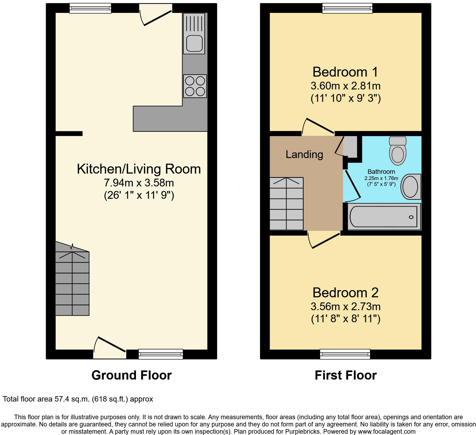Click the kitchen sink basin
click(194, 43)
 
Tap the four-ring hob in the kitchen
click(195, 86)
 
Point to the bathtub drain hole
click(411, 217)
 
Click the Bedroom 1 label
click(345, 72)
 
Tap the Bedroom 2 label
click(345, 292)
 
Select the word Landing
click(304, 155)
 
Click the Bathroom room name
click(381, 172)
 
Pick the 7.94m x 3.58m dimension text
click(139, 183)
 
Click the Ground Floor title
click(131, 375)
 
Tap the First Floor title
click(345, 375)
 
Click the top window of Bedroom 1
click(347, 8)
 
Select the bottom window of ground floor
click(161, 354)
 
